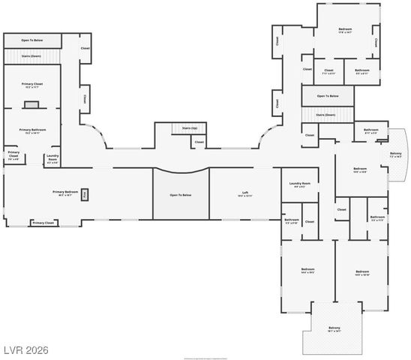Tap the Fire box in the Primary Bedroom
pos(85,193)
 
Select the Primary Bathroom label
pos(33,130)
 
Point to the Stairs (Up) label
pos(189,128)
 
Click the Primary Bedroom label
pos(66,193)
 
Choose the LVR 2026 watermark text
pos(26,349)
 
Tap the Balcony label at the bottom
pos(334,328)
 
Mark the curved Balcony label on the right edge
pos(396,154)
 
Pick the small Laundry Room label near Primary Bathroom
pos(52,159)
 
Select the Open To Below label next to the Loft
pos(181,195)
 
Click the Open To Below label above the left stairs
pos(31,40)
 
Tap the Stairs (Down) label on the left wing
pos(31,55)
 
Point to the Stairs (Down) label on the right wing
pos(325,115)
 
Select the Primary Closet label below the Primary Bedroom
pos(43,223)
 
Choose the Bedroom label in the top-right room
pos(345,31)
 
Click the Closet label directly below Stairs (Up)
pos(199,141)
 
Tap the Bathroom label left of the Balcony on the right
pos(370,130)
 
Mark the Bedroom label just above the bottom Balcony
pos(362,271)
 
